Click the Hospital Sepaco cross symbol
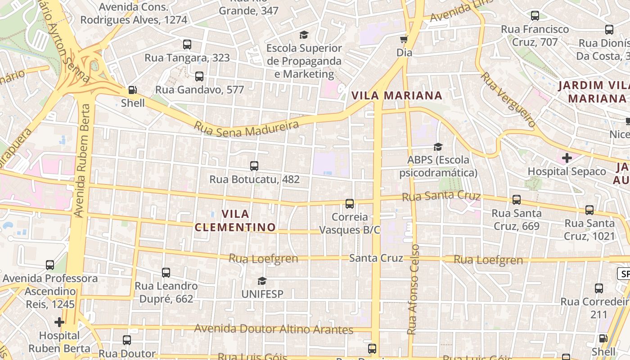pyautogui.click(x=567, y=158)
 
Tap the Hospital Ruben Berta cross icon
pyautogui.click(x=59, y=322)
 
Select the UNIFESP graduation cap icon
pyautogui.click(x=262, y=281)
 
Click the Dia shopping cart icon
pyautogui.click(x=404, y=39)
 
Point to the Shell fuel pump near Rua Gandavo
pyautogui.click(x=132, y=90)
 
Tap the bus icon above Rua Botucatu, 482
pyautogui.click(x=254, y=166)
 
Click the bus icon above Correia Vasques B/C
pyautogui.click(x=350, y=204)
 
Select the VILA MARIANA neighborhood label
pyautogui.click(x=397, y=95)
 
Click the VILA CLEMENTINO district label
pyautogui.click(x=235, y=220)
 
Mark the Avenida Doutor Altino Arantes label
pyautogui.click(x=273, y=329)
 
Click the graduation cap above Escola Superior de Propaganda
pyautogui.click(x=304, y=35)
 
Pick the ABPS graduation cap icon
pyautogui.click(x=438, y=147)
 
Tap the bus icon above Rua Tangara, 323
pyautogui.click(x=187, y=45)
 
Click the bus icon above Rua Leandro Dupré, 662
pyautogui.click(x=166, y=273)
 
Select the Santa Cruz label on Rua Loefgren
pyautogui.click(x=376, y=258)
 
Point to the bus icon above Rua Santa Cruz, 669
pyautogui.click(x=517, y=200)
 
